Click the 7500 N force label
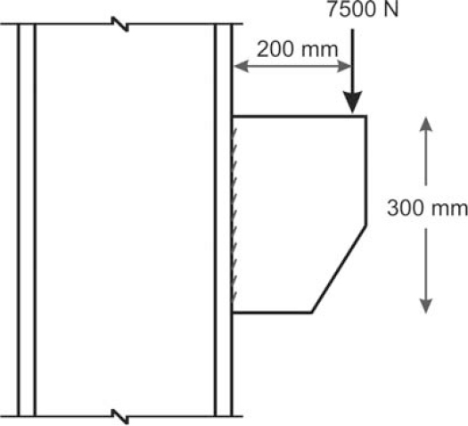[x=363, y=9]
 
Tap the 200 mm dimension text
[x=297, y=50]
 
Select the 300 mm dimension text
[x=427, y=208]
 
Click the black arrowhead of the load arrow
[x=352, y=102]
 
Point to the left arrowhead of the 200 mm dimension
[x=241, y=66]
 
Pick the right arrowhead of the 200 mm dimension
[x=344, y=66]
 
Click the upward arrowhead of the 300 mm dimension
[x=425, y=124]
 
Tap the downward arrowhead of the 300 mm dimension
[x=425, y=306]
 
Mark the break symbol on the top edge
[x=120, y=24]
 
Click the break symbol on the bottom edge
[x=120, y=416]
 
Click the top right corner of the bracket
[x=365, y=116]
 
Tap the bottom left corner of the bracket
[x=233, y=312]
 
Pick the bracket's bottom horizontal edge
[x=272, y=312]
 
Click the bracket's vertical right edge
[x=365, y=170]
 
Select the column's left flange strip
[x=27, y=220]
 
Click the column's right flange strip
[x=223, y=220]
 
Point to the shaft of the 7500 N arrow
[x=352, y=61]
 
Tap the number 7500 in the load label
[x=349, y=9]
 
